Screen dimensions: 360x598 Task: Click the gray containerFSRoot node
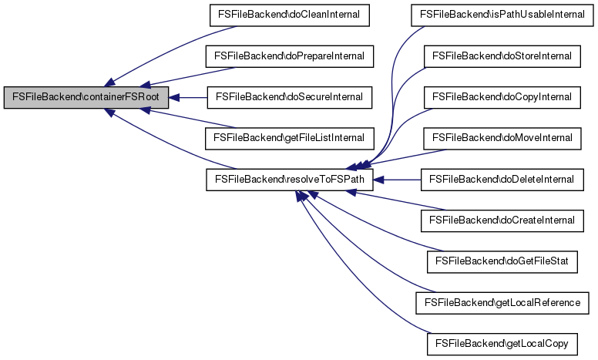[x=86, y=98]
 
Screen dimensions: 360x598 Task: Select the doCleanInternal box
[x=289, y=15]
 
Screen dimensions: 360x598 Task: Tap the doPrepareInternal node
[x=289, y=56]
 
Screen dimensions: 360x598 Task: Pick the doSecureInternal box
[x=289, y=98]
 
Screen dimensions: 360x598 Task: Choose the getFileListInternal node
[x=289, y=139]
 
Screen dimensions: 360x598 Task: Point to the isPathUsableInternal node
[x=502, y=15]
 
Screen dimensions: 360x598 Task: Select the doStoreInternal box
[x=502, y=56]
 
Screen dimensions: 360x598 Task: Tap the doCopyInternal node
[x=502, y=98]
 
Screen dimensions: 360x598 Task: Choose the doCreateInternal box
[x=502, y=221]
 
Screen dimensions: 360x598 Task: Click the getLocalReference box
[x=502, y=304]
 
